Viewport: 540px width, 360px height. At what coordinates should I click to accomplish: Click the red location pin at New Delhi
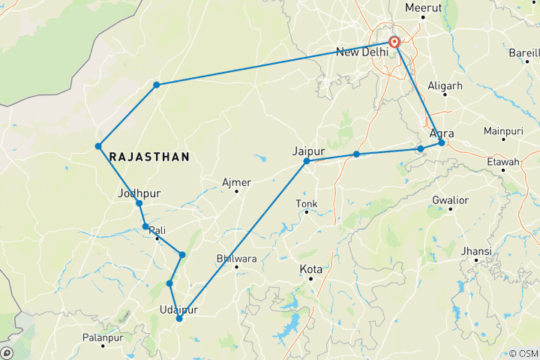point(394,41)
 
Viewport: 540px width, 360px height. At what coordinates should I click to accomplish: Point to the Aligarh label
point(445,85)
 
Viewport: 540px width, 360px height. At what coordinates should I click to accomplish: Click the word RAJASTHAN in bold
point(148,157)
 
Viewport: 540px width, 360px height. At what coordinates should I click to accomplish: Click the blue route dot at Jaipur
point(307,161)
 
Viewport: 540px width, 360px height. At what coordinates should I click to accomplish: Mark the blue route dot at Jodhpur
point(139,203)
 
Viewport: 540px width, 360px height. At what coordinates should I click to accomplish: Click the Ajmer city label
point(237,182)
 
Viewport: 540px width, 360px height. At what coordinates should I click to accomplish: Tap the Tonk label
point(307,203)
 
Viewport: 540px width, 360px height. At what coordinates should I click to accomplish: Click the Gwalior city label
point(450,200)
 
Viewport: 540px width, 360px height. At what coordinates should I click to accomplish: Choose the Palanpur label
point(82,337)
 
